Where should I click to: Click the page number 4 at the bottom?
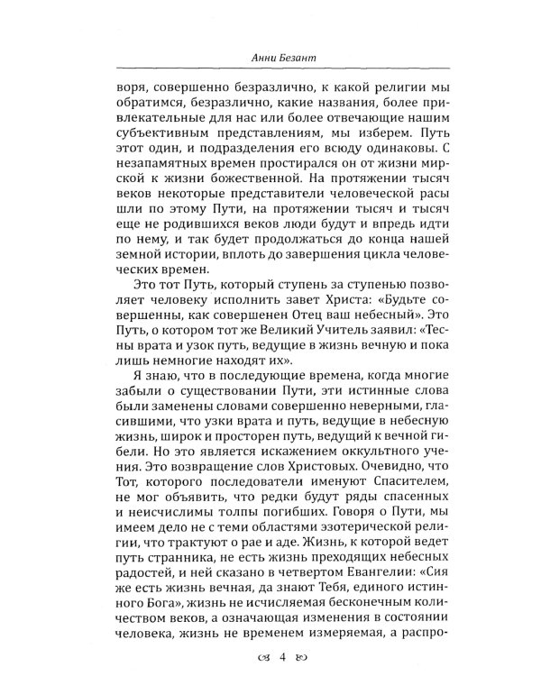point(269,657)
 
